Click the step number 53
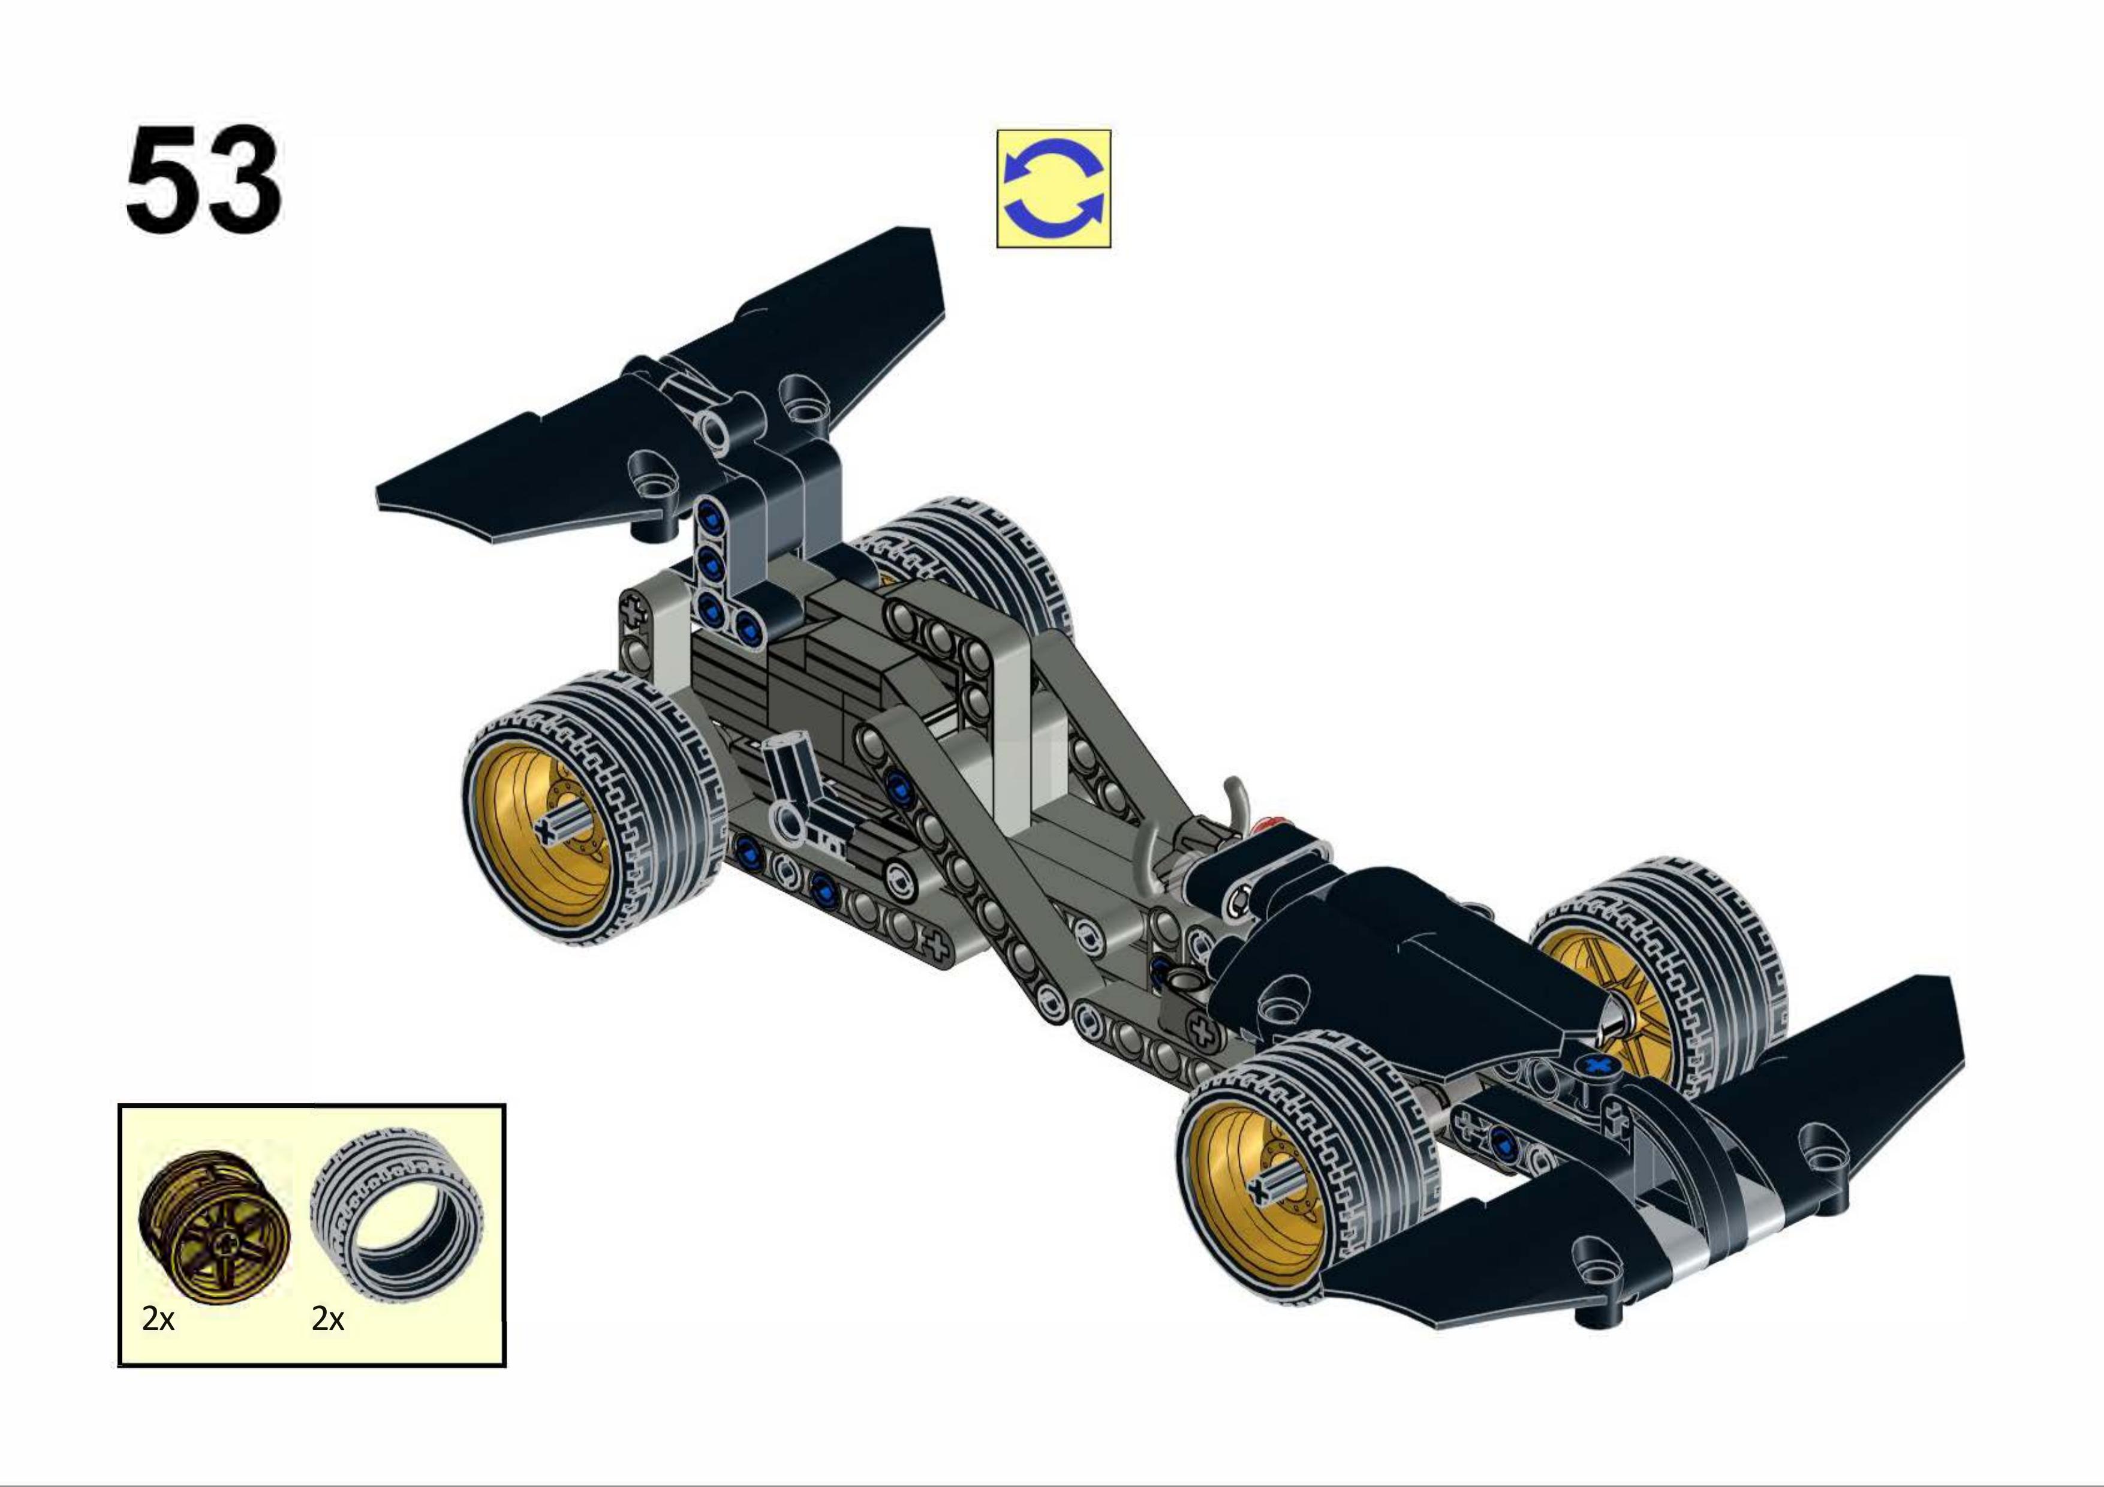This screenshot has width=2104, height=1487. (x=203, y=180)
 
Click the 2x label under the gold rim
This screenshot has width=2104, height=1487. (x=158, y=1319)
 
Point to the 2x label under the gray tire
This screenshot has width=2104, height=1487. (x=327, y=1319)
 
